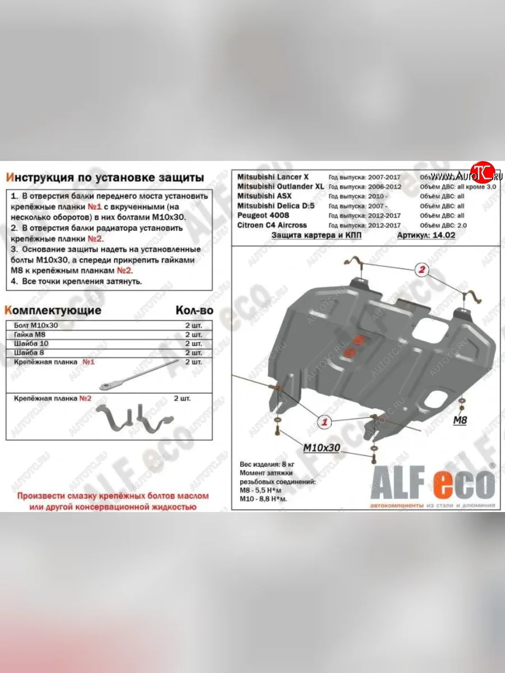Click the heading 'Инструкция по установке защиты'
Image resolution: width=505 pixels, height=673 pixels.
[104, 178]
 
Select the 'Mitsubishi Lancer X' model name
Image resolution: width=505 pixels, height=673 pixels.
[273, 177]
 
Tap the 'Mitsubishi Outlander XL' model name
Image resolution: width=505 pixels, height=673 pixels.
[280, 186]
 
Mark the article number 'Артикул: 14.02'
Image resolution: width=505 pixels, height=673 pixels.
[421, 236]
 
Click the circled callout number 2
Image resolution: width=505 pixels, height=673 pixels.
[421, 270]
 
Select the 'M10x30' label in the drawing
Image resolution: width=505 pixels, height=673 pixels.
[322, 448]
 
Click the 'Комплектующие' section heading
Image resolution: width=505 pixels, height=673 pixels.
[53, 310]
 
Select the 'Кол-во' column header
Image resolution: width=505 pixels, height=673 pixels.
[194, 310]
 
